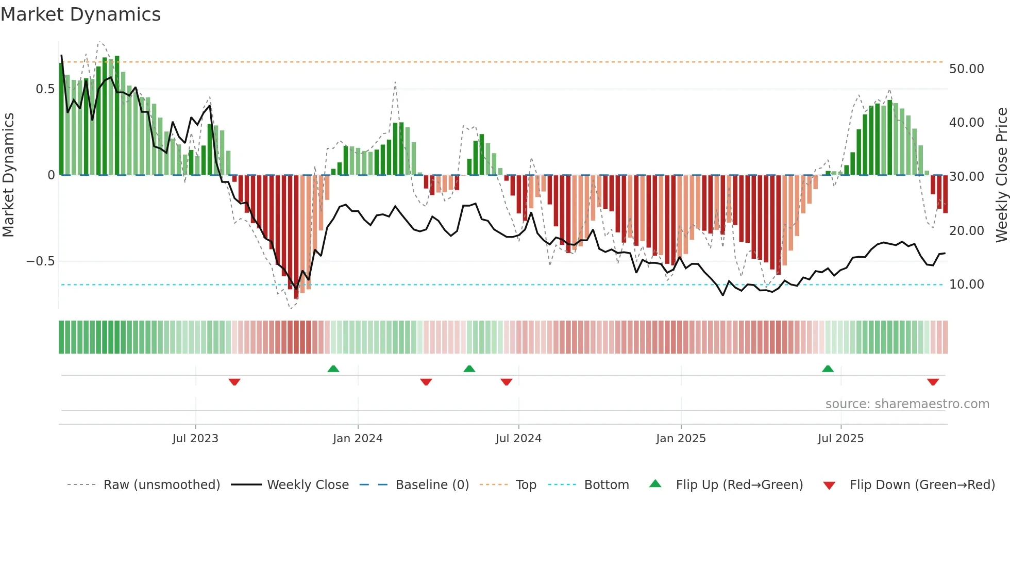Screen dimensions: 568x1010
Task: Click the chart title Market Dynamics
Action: [x=80, y=14]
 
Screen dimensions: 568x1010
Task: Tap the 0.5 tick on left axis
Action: [x=45, y=89]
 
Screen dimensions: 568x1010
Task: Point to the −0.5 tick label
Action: [x=41, y=261]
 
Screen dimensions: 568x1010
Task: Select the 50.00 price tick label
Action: [x=966, y=69]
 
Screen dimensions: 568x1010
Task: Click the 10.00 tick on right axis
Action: [x=966, y=285]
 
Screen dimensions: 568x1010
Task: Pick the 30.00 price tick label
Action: [x=966, y=177]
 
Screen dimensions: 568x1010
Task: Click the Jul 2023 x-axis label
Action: [x=195, y=439]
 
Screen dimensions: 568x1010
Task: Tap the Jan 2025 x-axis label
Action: [x=681, y=439]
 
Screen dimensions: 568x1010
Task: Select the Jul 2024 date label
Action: [x=518, y=439]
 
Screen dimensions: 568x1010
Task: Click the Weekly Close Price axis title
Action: [x=1001, y=175]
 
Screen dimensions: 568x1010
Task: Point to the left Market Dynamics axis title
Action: [x=8, y=175]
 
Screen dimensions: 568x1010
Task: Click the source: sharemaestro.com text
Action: [x=907, y=404]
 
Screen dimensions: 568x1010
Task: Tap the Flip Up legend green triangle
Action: [x=655, y=484]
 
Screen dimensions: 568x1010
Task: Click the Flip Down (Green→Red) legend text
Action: [x=922, y=485]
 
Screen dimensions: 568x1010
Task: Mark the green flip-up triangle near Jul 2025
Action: [x=828, y=369]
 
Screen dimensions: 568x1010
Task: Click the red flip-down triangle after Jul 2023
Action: [x=234, y=382]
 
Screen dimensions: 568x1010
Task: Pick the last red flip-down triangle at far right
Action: [x=933, y=382]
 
